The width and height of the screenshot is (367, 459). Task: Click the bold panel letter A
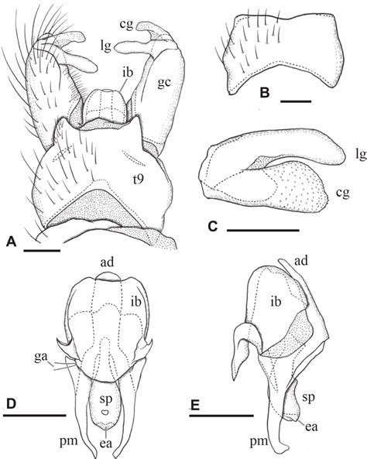tap(12, 241)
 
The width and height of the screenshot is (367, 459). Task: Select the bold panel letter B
tap(265, 93)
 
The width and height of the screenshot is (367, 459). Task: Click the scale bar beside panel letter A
tap(42, 250)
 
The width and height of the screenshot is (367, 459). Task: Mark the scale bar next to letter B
tap(296, 101)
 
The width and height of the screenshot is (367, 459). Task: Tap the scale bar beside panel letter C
tap(263, 230)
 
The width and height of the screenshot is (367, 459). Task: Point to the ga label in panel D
tap(41, 358)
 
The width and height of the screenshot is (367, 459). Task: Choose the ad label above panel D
tap(107, 262)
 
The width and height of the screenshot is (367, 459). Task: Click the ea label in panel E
tap(311, 426)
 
